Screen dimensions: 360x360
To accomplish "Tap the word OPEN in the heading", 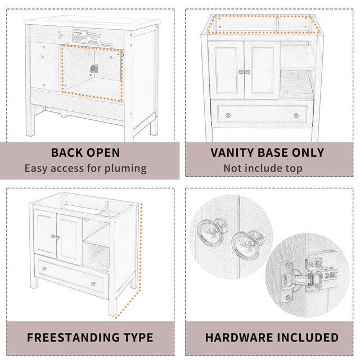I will click(105, 152).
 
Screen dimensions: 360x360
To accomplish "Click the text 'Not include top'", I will click(263, 168).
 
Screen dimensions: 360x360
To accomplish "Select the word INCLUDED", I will click(308, 337).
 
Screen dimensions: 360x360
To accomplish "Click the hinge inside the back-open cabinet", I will click(94, 69).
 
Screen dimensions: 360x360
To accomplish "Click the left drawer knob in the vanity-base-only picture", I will click(228, 115).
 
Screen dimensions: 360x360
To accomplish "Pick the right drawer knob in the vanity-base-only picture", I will click(296, 115).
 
